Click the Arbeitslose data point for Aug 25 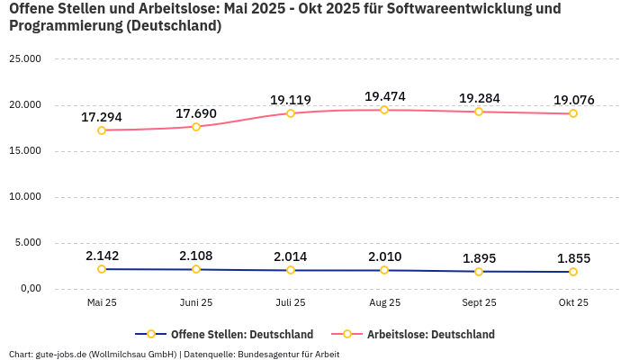click(x=384, y=110)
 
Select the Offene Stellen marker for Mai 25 click(x=102, y=269)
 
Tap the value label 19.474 click(x=384, y=96)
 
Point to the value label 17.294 click(x=102, y=117)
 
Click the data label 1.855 click(x=573, y=258)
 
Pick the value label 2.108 click(x=196, y=256)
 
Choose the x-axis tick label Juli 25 click(x=290, y=303)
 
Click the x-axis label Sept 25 click(x=479, y=303)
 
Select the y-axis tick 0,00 click(x=31, y=289)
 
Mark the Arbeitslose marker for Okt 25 click(x=573, y=113)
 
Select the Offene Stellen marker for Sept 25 click(x=479, y=272)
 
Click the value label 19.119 click(x=290, y=100)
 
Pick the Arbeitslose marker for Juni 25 click(x=196, y=127)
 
